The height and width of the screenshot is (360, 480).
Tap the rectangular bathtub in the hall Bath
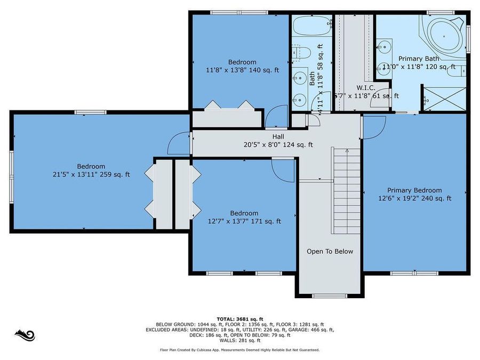pyautogui.click(x=312, y=25)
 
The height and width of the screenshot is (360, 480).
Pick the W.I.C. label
pyautogui.click(x=366, y=87)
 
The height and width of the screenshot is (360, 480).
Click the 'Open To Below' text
pyautogui.click(x=330, y=251)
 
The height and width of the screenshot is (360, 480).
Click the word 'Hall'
pyautogui.click(x=278, y=137)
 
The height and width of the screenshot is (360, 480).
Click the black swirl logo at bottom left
pyautogui.click(x=25, y=335)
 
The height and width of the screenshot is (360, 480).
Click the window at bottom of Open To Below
pyautogui.click(x=330, y=296)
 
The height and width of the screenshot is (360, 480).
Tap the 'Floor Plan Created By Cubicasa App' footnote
pyautogui.click(x=239, y=350)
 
